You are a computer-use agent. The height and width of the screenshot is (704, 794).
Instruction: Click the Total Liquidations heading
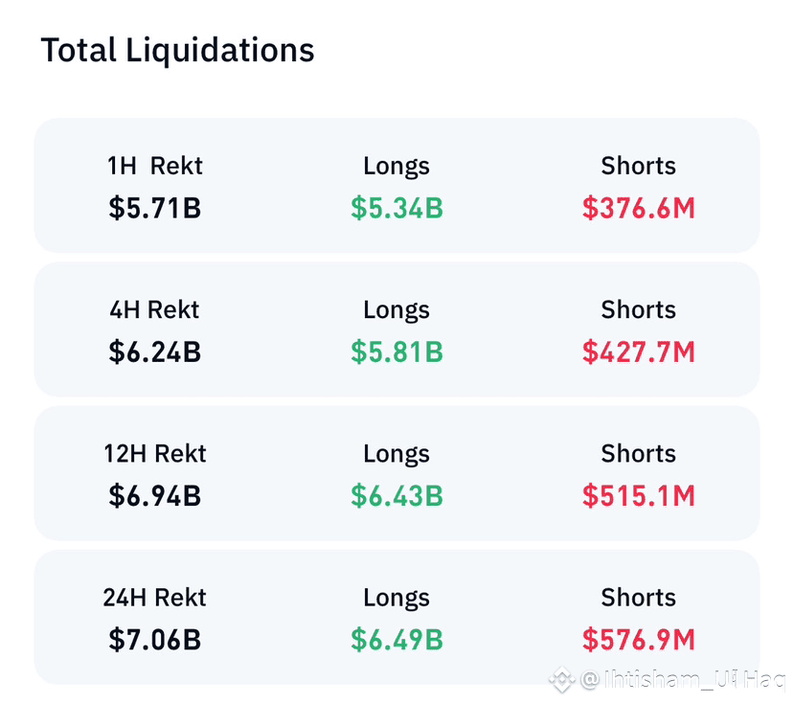tap(177, 50)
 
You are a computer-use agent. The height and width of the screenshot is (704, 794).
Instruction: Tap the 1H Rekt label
tap(155, 166)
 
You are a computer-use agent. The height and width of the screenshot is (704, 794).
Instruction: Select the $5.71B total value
tap(155, 208)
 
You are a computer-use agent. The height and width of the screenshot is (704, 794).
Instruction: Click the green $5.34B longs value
tap(397, 208)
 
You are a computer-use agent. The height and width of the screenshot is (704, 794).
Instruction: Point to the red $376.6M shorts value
tap(638, 208)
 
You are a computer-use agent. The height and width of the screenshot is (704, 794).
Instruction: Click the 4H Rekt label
tap(155, 309)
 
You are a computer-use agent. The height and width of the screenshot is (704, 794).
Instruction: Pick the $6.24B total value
tap(155, 352)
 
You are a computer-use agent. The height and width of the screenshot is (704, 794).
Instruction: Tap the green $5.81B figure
tap(397, 352)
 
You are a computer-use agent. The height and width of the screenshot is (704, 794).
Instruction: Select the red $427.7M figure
tap(638, 352)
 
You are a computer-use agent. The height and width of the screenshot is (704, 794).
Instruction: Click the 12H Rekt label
tap(155, 453)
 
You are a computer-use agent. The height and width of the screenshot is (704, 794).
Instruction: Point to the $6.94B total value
tap(155, 495)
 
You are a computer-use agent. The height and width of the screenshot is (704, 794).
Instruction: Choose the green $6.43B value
tap(397, 495)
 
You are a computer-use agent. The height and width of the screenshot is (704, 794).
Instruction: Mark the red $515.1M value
tap(638, 495)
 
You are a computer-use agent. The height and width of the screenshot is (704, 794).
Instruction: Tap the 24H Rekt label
tap(155, 598)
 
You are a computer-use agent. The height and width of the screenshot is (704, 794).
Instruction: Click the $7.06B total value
tap(155, 640)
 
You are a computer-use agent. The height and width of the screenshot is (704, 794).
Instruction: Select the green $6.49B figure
tap(397, 640)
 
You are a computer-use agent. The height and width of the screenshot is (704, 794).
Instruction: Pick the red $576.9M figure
tap(638, 640)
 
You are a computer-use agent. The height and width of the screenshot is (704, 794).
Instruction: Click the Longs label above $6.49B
tap(397, 598)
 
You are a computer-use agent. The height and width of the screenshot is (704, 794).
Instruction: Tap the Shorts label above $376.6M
tap(638, 166)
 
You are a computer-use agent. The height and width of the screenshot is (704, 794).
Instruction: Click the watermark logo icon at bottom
tap(561, 681)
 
